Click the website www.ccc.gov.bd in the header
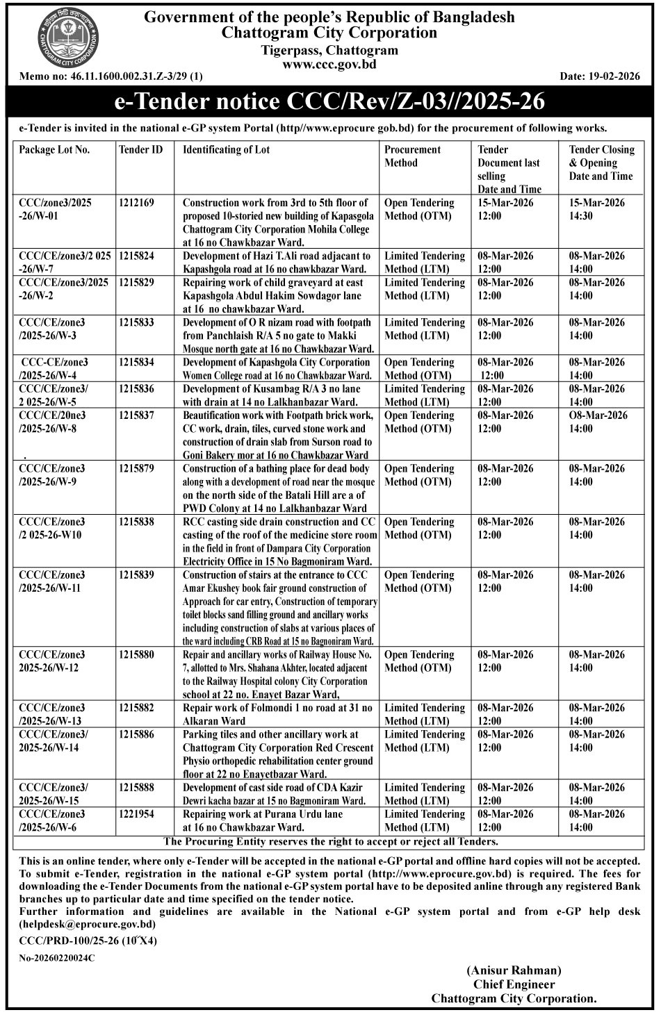point(329,63)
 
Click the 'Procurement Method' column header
point(413,156)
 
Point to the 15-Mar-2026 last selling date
point(505,203)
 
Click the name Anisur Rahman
point(514,970)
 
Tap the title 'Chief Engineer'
point(514,984)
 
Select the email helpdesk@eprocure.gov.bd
point(87,924)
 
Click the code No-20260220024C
point(57,957)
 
